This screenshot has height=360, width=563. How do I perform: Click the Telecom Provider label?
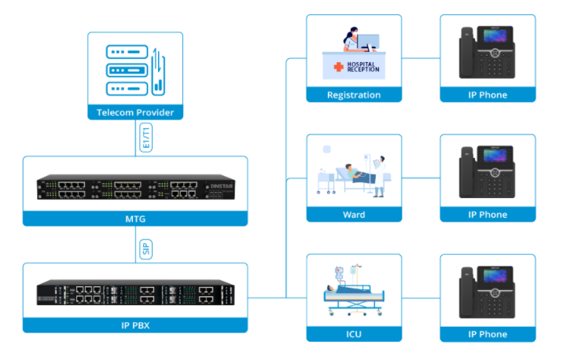coord(135,112)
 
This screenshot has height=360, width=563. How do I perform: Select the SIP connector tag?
coord(145,249)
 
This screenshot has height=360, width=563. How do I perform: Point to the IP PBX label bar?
coord(135,324)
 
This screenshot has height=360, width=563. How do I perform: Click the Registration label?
coord(354,95)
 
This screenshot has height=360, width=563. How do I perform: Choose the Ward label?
coord(354,215)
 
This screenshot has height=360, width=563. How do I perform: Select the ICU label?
coord(354,334)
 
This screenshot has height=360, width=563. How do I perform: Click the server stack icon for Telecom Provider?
coord(127,69)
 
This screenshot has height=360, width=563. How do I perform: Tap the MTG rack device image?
coord(135,188)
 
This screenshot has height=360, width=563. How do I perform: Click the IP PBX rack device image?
coord(135,294)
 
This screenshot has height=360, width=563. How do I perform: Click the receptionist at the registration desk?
coord(351,39)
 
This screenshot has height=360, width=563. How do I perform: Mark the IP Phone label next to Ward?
coord(488,215)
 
